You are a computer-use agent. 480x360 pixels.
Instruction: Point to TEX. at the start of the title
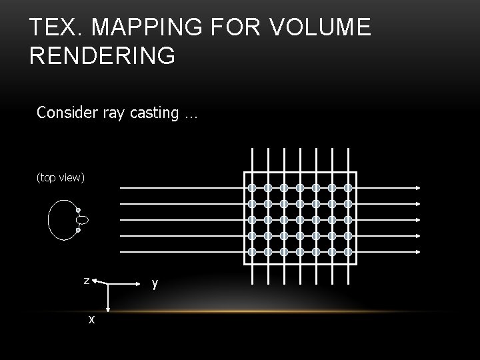pyautogui.click(x=55, y=29)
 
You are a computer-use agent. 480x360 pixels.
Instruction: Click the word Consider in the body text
pyautogui.click(x=67, y=113)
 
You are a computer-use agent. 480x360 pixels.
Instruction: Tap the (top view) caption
pyautogui.click(x=60, y=178)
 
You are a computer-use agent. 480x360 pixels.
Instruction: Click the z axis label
pyautogui.click(x=86, y=281)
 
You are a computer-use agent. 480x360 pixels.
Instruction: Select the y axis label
pyautogui.click(x=155, y=283)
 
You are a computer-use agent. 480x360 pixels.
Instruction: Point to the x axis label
pyautogui.click(x=91, y=319)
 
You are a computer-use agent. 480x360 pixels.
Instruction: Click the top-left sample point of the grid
pyautogui.click(x=252, y=188)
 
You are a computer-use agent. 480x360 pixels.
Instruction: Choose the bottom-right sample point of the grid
pyautogui.click(x=347, y=252)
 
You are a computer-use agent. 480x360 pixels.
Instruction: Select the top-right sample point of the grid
pyautogui.click(x=347, y=188)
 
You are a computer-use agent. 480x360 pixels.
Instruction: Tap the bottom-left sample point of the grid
pyautogui.click(x=252, y=252)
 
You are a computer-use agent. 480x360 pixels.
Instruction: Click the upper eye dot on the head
pyautogui.click(x=78, y=210)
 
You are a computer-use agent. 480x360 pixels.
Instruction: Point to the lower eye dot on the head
pyautogui.click(x=78, y=231)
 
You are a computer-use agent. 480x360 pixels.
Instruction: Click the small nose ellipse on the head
pyautogui.click(x=82, y=220)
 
